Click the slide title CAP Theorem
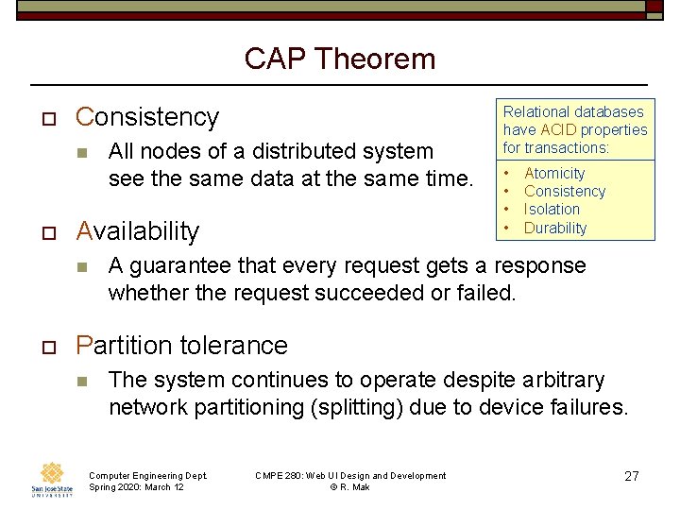point(340,59)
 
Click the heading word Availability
point(138,231)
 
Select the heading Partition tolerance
point(181,346)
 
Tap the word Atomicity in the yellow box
point(554,174)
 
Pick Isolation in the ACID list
point(552,210)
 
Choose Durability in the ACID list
point(555,228)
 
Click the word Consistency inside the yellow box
point(565,192)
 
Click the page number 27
point(632,477)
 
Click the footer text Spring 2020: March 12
point(136,487)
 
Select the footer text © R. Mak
point(349,487)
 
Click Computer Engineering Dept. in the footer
point(147,476)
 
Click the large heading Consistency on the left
point(147,117)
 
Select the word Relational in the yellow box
point(535,112)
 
